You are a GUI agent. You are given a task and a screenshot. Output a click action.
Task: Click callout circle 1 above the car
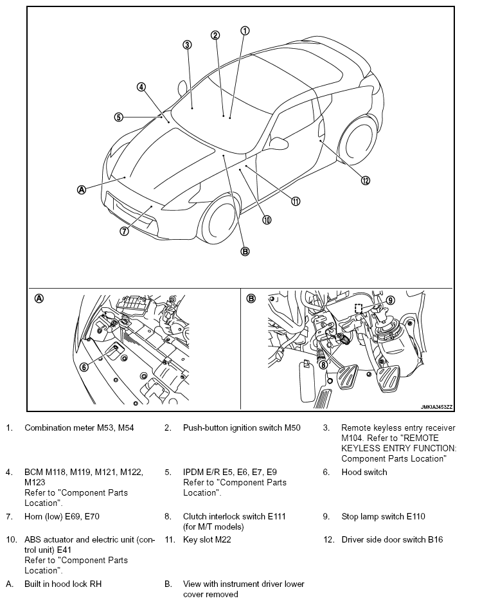click(245, 31)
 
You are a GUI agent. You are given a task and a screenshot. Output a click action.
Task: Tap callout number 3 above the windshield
click(187, 45)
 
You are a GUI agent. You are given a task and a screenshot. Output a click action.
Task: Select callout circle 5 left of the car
click(119, 117)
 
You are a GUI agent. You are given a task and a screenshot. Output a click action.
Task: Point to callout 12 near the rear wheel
click(365, 181)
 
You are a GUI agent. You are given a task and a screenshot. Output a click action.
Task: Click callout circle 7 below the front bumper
click(124, 231)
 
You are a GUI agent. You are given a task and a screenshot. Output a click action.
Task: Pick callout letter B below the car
click(245, 251)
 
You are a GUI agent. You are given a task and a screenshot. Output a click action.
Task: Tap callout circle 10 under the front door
click(267, 220)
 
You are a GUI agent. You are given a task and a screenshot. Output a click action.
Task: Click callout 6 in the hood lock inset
click(84, 367)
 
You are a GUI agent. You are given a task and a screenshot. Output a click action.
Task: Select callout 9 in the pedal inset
click(390, 300)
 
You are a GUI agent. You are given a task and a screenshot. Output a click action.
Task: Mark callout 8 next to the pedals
click(324, 364)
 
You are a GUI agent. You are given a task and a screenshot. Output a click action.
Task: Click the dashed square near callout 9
click(358, 309)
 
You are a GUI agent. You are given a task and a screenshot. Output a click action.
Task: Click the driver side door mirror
click(280, 143)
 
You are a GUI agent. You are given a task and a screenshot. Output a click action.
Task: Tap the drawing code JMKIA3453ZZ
click(436, 407)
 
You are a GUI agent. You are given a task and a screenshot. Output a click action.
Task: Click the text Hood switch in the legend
click(364, 472)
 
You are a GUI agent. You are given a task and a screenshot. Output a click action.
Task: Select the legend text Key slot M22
click(207, 539)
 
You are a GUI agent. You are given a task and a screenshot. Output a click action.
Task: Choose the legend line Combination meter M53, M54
click(79, 428)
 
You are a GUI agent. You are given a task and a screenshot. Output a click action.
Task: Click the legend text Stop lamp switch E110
click(383, 516)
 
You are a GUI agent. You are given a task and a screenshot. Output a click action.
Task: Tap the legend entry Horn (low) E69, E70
click(62, 516)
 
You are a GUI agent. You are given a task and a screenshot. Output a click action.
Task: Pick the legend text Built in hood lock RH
click(63, 584)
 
